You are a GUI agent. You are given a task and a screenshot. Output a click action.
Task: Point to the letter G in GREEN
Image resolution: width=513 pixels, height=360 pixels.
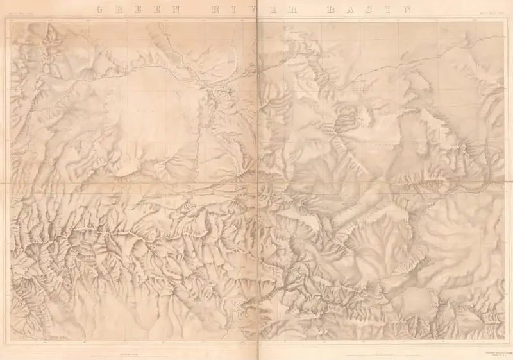tap(97, 10)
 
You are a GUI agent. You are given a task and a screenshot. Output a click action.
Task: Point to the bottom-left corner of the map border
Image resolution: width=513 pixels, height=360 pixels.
tap(11, 342)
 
